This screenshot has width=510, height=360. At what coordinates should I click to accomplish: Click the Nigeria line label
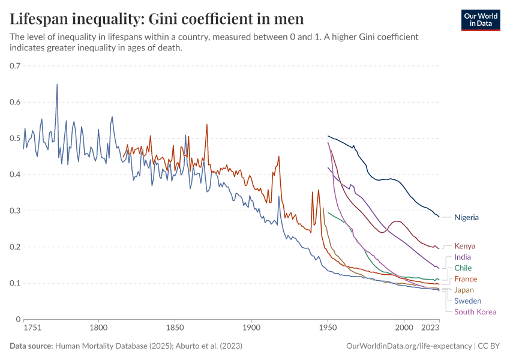[x=466, y=217]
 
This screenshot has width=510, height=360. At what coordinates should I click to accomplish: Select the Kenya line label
[x=465, y=246]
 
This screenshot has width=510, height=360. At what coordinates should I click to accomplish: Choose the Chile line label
[x=463, y=268]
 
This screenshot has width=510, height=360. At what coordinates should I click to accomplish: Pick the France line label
[x=466, y=279]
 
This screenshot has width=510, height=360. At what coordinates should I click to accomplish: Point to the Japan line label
[x=464, y=290]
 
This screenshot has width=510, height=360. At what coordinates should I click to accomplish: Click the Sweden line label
[x=467, y=301]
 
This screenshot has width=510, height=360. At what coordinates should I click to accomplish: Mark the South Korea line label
[x=475, y=311]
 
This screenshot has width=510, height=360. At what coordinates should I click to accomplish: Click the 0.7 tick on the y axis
[x=16, y=65]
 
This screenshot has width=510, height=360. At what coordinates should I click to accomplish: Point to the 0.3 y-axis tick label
[x=16, y=211]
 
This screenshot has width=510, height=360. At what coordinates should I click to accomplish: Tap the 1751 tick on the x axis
[x=32, y=328]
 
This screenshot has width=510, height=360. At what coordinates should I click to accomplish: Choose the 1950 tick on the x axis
[x=328, y=328]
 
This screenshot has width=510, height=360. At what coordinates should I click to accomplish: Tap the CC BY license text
[x=489, y=346]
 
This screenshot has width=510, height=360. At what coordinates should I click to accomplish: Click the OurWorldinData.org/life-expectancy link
[x=409, y=346]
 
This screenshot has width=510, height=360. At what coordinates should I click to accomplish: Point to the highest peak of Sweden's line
[x=57, y=84]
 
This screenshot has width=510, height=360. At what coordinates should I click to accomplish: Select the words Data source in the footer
[x=31, y=346]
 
